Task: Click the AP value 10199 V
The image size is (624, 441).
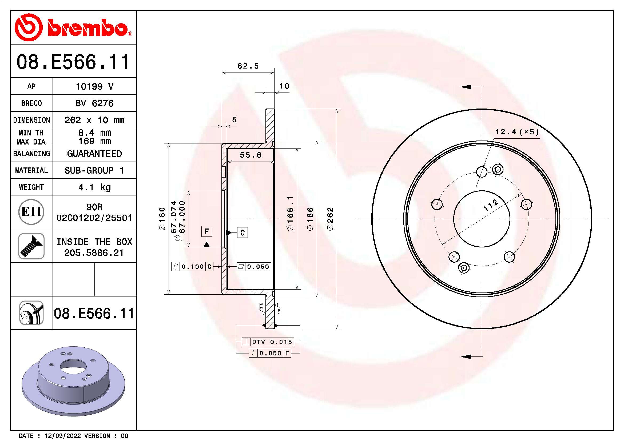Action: (x=94, y=87)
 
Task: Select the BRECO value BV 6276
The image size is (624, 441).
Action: (x=94, y=103)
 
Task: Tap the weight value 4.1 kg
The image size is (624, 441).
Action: (x=94, y=187)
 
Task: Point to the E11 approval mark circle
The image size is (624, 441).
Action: (x=31, y=212)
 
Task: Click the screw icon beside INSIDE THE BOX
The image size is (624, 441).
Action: (x=31, y=246)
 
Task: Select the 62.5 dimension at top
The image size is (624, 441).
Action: (x=248, y=66)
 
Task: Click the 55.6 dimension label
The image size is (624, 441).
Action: (x=250, y=155)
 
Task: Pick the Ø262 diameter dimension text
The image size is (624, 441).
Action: (x=330, y=219)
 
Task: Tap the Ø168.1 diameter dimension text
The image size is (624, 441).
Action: (x=290, y=214)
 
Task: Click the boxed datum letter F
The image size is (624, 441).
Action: (x=206, y=231)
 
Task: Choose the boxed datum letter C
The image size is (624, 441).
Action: (x=242, y=232)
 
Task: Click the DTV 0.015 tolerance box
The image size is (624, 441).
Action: (x=268, y=342)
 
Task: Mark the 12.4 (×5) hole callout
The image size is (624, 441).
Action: (x=517, y=132)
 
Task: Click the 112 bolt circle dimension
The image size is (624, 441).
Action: (x=491, y=205)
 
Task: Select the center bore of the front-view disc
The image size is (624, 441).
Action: (x=482, y=219)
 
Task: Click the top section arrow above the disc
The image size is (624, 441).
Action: (x=466, y=87)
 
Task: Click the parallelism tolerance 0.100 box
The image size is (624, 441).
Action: (x=192, y=267)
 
